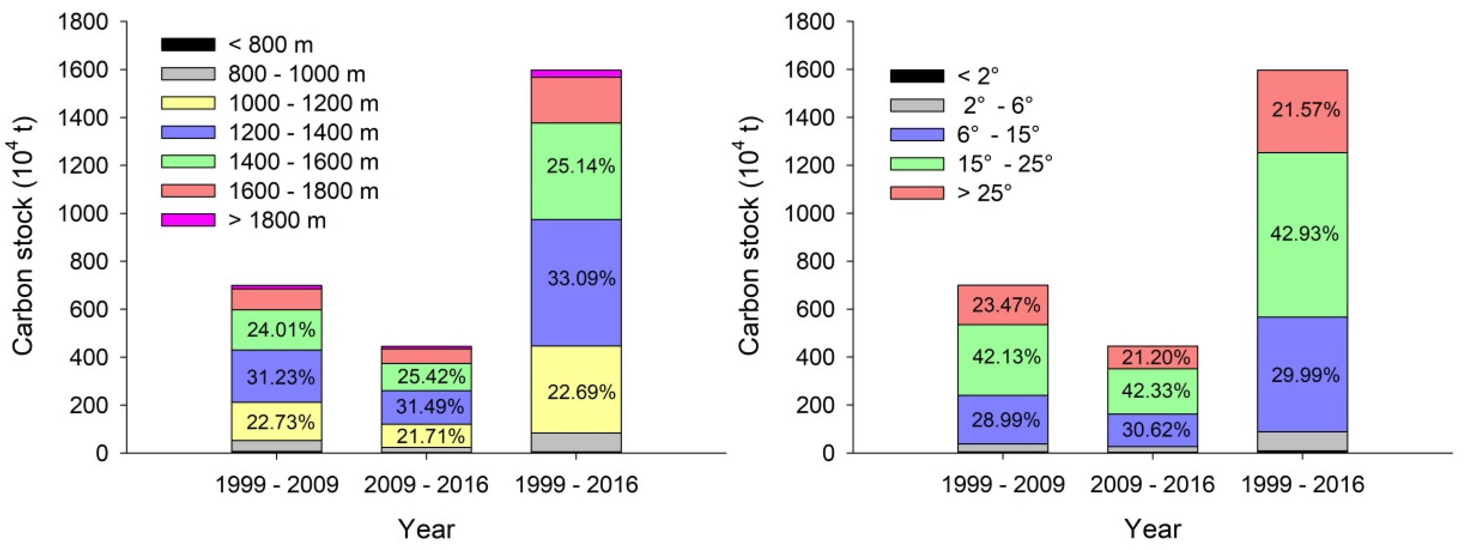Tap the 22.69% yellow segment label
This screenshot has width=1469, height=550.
click(x=581, y=392)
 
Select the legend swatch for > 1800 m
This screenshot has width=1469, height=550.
click(x=188, y=220)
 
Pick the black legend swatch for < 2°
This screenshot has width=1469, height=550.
click(x=917, y=76)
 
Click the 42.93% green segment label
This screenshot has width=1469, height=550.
click(x=1304, y=234)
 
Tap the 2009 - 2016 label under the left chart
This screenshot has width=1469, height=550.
click(x=426, y=485)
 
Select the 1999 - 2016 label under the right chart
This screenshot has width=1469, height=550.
click(x=1303, y=485)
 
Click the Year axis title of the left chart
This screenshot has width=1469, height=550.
click(x=426, y=529)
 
